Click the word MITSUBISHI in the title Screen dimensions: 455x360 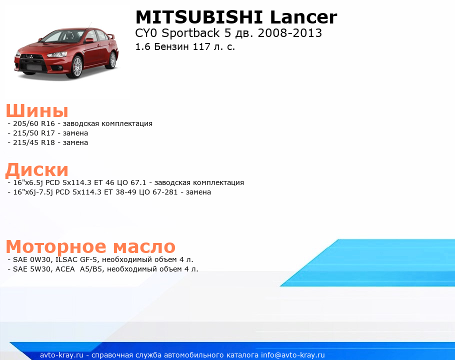pyautogui.click(x=199, y=17)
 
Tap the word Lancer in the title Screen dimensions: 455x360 pyautogui.click(x=303, y=17)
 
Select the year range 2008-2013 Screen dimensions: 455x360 pyautogui.click(x=289, y=33)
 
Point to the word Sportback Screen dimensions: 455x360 pyautogui.click(x=190, y=33)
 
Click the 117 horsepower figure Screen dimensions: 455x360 pyautogui.click(x=201, y=46)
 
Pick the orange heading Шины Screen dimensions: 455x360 pyautogui.click(x=37, y=110)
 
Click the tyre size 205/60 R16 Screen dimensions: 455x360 pyautogui.click(x=34, y=123)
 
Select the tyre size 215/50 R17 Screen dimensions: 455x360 pyautogui.click(x=34, y=133)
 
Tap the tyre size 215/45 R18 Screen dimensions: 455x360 pyautogui.click(x=34, y=142)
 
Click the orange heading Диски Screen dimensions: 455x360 pyautogui.click(x=37, y=170)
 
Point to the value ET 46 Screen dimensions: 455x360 pyautogui.click(x=104, y=183)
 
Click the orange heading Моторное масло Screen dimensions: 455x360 pyautogui.click(x=90, y=247)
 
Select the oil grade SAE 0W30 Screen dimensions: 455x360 pyautogui.click(x=31, y=259)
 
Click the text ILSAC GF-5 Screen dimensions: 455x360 pyautogui.click(x=76, y=259)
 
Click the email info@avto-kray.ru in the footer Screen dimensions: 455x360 pyautogui.click(x=293, y=355)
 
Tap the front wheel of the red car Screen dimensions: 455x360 pyautogui.click(x=77, y=66)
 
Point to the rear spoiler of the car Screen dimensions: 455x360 pyautogui.click(x=110, y=36)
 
